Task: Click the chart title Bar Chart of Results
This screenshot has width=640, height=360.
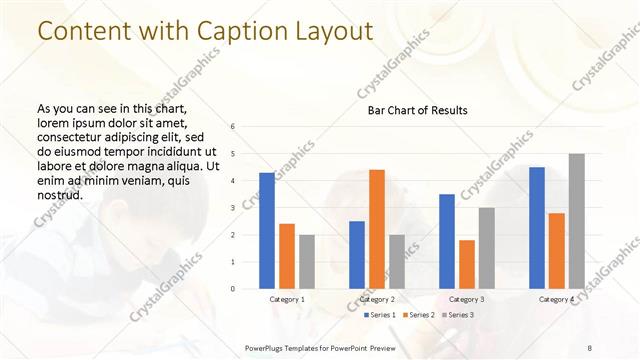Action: [x=411, y=110]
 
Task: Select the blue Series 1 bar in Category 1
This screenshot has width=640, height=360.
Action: [x=267, y=231]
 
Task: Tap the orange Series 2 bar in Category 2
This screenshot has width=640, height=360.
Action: [x=376, y=229]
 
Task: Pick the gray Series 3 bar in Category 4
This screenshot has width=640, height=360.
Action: [x=576, y=221]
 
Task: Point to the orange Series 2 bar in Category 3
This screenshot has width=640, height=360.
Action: [x=466, y=264]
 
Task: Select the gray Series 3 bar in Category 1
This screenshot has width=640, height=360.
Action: [x=306, y=262]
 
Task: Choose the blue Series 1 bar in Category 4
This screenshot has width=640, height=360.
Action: [x=537, y=228]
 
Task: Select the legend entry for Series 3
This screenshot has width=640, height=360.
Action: [x=457, y=315]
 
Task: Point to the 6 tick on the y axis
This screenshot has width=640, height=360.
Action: [x=232, y=127]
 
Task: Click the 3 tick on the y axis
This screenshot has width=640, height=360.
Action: [x=232, y=208]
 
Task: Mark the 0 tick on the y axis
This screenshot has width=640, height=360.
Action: [x=232, y=289]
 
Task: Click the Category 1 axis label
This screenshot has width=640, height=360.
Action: [x=287, y=299]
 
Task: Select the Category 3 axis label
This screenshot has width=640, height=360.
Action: [x=466, y=299]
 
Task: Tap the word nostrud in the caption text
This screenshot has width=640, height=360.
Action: [x=59, y=194]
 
